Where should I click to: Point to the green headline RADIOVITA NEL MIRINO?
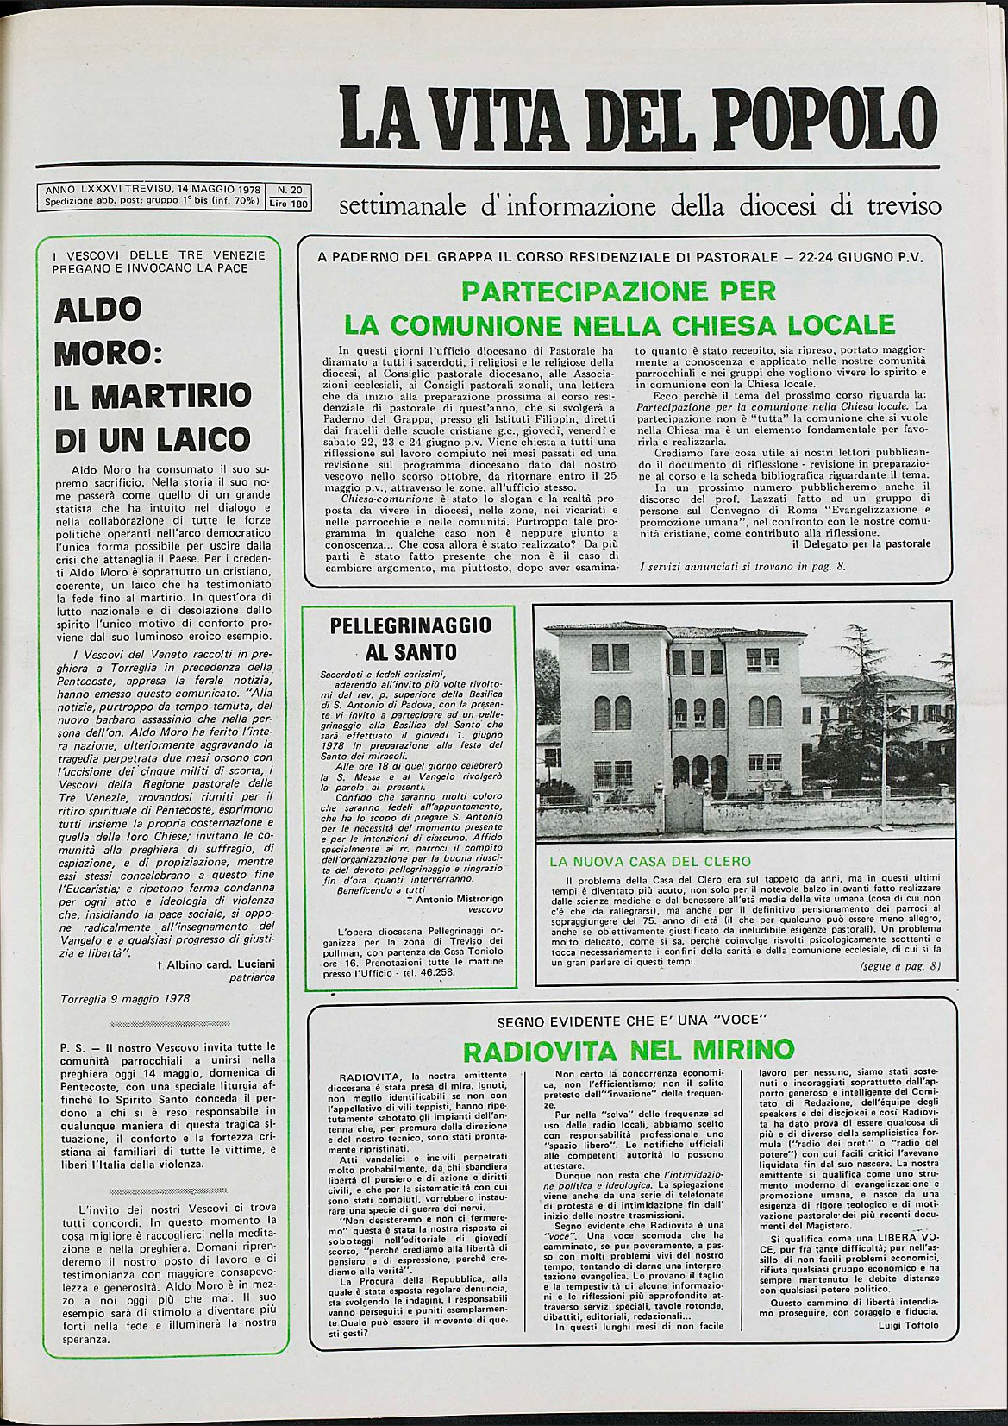click(x=628, y=1050)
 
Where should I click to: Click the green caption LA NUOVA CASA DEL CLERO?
click(x=650, y=861)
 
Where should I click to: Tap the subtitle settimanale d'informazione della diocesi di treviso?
click(x=640, y=207)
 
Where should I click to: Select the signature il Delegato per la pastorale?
click(x=861, y=543)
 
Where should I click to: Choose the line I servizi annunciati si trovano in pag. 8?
click(x=744, y=566)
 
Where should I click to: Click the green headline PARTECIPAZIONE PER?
click(x=619, y=291)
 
